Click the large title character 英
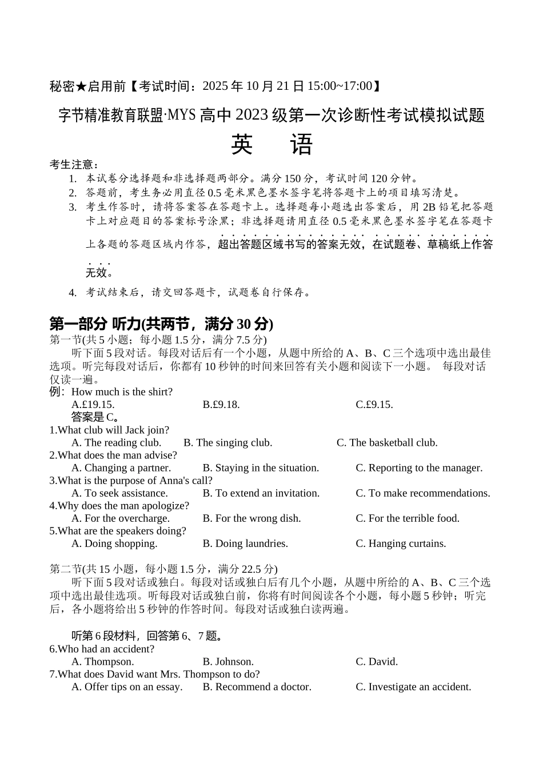242,145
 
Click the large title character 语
301,145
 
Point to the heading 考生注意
74,165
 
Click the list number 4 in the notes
73,293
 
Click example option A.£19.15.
93,405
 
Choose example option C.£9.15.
374,405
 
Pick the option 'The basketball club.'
387,442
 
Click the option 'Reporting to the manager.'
419,467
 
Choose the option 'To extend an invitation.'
261,493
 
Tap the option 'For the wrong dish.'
251,518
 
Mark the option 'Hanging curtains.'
401,543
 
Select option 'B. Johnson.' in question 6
228,661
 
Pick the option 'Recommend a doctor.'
257,687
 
